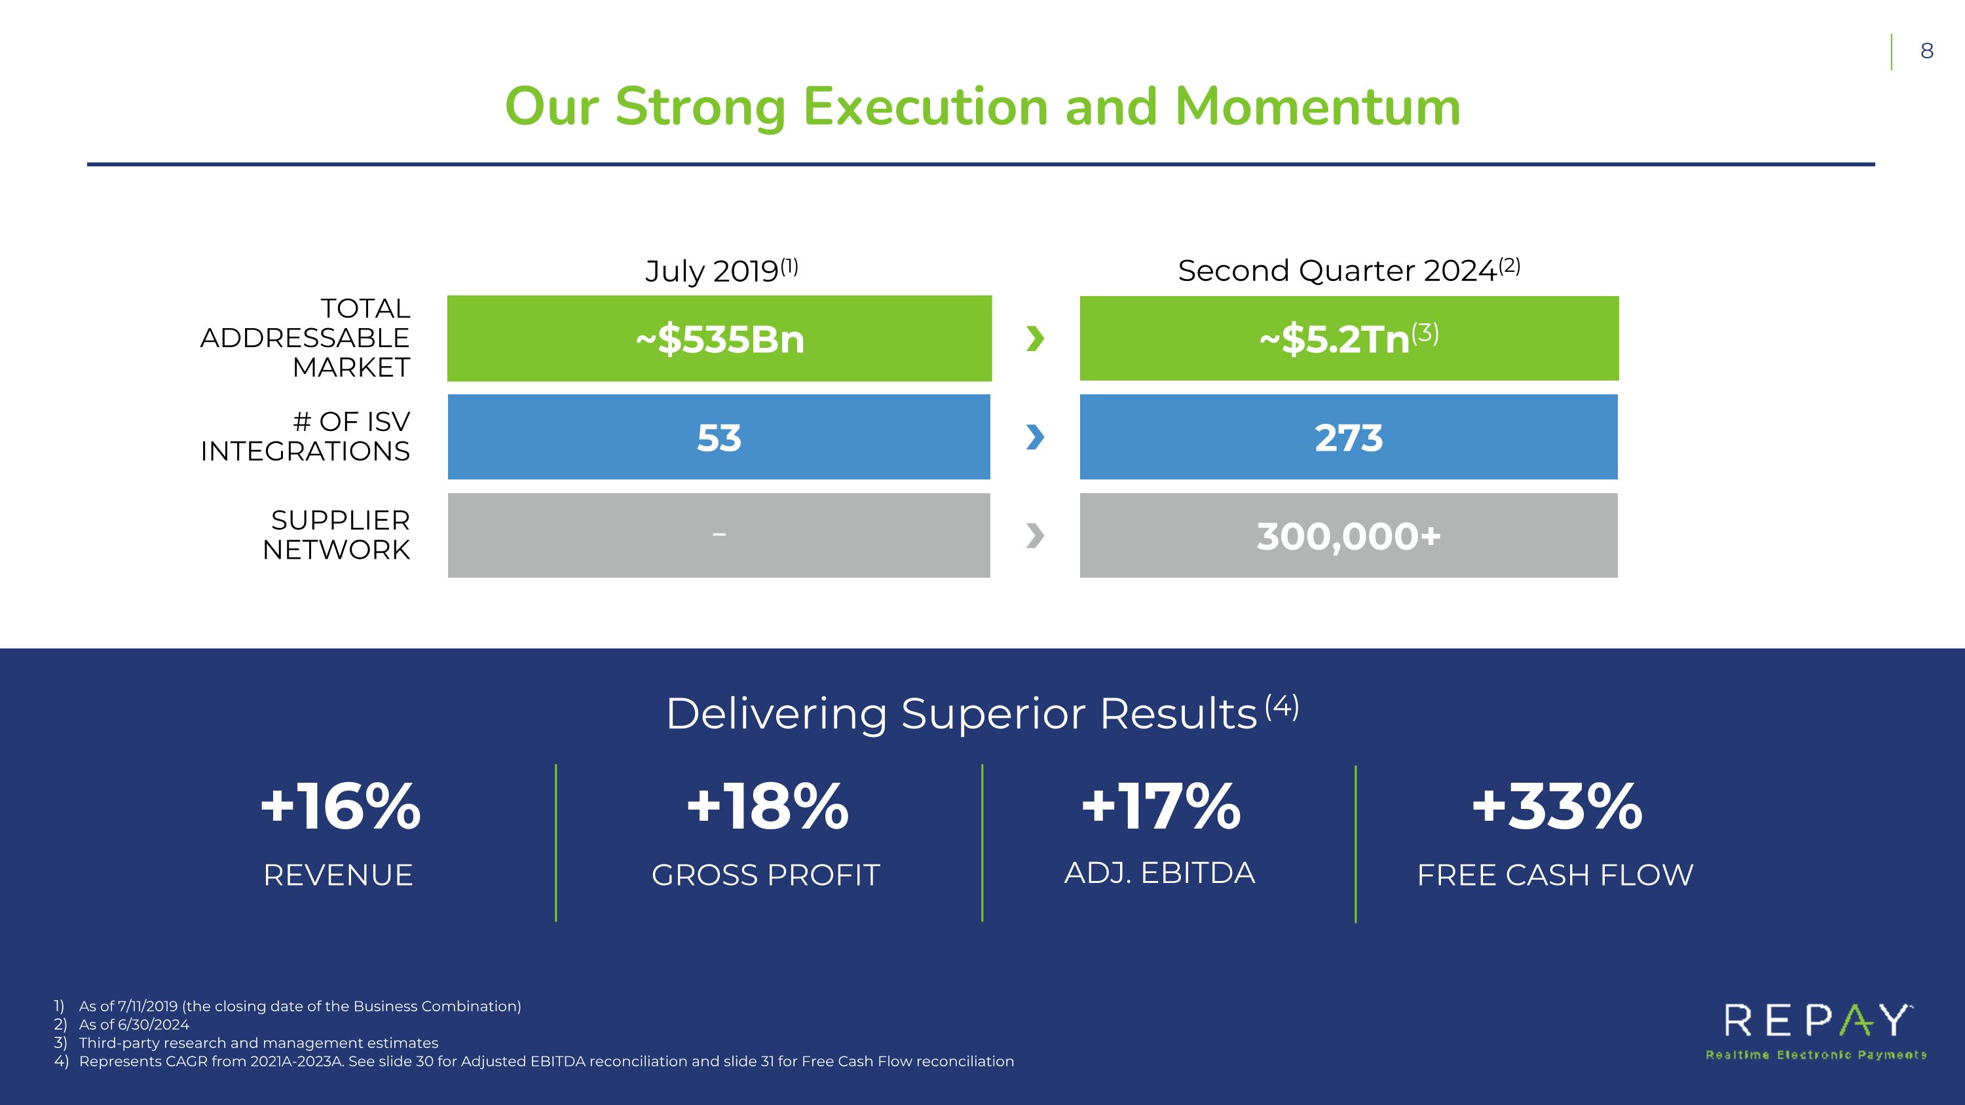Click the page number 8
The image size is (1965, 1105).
pyautogui.click(x=1926, y=51)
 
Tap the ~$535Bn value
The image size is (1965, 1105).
pyautogui.click(x=719, y=339)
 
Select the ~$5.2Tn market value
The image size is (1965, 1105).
pyautogui.click(x=1347, y=339)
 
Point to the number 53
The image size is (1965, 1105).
pyautogui.click(x=719, y=438)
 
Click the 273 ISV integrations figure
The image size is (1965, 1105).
pyautogui.click(x=1348, y=438)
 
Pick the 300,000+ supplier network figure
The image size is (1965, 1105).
pyautogui.click(x=1348, y=536)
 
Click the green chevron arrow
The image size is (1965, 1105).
pyautogui.click(x=1035, y=338)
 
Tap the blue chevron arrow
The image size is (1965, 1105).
pyautogui.click(x=1035, y=437)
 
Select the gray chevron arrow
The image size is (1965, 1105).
pyautogui.click(x=1035, y=535)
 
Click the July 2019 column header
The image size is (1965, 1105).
pyautogui.click(x=721, y=271)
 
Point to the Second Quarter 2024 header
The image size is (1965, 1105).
pyautogui.click(x=1348, y=271)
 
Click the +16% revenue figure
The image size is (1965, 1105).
pyautogui.click(x=340, y=807)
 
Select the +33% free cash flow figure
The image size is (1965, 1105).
pyautogui.click(x=1556, y=807)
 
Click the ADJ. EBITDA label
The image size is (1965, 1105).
pyautogui.click(x=1159, y=873)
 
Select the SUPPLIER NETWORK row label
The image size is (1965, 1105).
pyautogui.click(x=337, y=534)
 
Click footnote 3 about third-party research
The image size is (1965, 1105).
pyautogui.click(x=258, y=1043)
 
